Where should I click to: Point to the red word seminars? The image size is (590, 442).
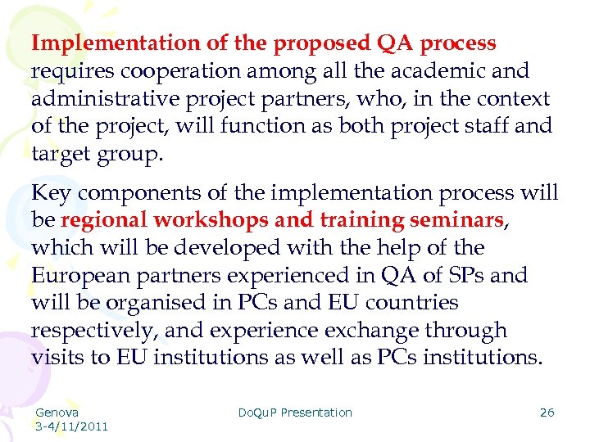(456, 221)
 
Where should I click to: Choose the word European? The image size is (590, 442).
(80, 276)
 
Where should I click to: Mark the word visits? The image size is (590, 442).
(59, 358)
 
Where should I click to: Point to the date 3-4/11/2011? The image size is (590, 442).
(71, 426)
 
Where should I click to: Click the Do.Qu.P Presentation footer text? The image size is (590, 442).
(294, 413)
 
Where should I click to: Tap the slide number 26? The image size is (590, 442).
(547, 413)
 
